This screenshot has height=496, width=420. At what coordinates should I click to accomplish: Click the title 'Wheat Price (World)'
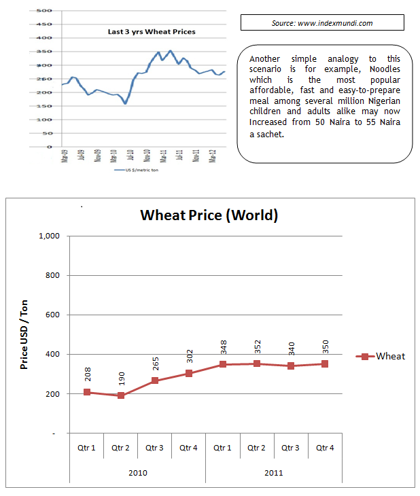coord(209,215)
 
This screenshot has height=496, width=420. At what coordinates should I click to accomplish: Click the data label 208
coord(87,374)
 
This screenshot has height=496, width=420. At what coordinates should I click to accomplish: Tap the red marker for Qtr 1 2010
coord(87,392)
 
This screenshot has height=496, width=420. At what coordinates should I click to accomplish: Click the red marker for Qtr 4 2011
coord(325,364)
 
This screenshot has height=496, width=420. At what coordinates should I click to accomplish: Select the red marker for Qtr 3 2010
coord(155,380)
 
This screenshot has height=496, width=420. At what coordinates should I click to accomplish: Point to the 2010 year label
coord(137,472)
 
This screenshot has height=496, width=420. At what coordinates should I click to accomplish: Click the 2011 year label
coord(273,472)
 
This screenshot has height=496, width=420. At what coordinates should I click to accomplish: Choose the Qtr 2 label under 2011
coord(257,448)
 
